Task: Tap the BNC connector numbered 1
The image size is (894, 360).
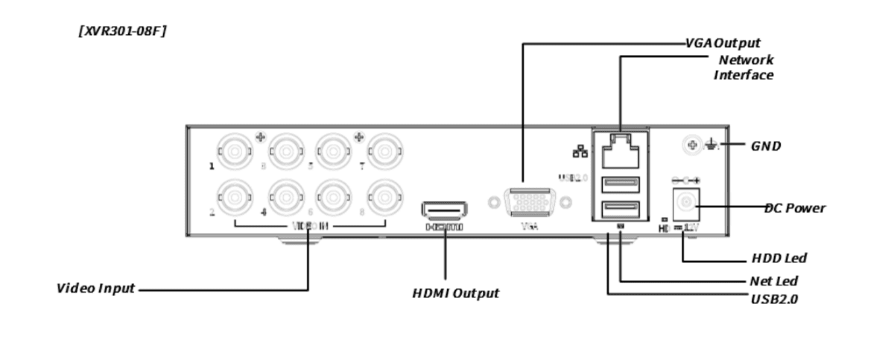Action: click(x=235, y=151)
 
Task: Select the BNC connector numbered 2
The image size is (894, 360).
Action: click(x=235, y=198)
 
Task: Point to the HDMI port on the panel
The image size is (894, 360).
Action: click(x=445, y=210)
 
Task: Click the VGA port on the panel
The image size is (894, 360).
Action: click(x=530, y=203)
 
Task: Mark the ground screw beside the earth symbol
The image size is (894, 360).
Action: click(x=693, y=145)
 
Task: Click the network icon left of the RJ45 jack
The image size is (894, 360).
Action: click(x=580, y=151)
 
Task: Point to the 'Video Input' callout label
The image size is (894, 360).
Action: click(x=96, y=288)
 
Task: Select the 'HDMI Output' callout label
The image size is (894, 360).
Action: click(x=455, y=294)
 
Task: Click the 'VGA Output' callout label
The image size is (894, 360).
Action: click(x=723, y=43)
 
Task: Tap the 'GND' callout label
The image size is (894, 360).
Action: click(x=766, y=146)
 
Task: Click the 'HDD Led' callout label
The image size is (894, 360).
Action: click(x=779, y=259)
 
